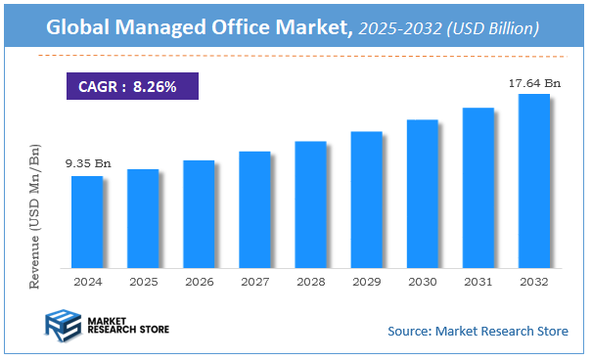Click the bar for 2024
(x=86, y=221)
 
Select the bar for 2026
(x=199, y=213)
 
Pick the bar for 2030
(x=422, y=193)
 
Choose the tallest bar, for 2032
(x=533, y=180)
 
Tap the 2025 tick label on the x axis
(x=143, y=281)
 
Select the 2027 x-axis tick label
(x=254, y=281)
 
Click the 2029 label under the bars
(x=366, y=281)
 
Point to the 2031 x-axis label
(x=478, y=281)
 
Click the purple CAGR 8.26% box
(x=132, y=87)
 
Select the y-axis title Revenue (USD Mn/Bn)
(x=36, y=215)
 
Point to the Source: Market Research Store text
(x=478, y=331)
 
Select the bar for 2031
(x=478, y=187)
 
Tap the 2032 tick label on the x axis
(x=533, y=281)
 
